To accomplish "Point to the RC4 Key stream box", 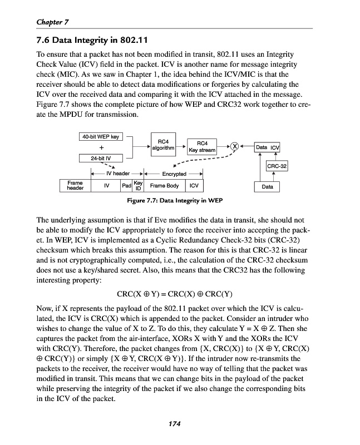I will pos(202,147).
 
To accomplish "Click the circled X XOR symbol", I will pos(235,147).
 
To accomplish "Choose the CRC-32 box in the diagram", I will pos(277,166).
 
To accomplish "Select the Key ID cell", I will pos(139,186).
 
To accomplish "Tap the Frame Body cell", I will pos(164,186).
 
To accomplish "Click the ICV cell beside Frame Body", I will pos(194,186).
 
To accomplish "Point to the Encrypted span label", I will pos(174,174).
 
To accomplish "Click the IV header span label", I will pos(117,174).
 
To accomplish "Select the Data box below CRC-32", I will pos(267,187).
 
